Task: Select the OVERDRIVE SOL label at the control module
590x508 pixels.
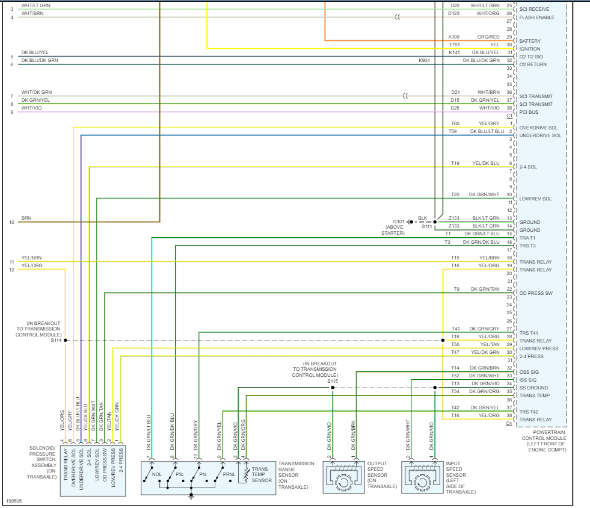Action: click(539, 128)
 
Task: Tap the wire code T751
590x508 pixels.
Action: click(454, 45)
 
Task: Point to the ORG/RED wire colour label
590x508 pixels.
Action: click(488, 37)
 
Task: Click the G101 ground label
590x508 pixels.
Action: click(399, 221)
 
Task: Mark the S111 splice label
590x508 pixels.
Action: click(426, 227)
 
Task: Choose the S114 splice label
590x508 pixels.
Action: click(56, 340)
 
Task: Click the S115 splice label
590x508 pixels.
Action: click(333, 381)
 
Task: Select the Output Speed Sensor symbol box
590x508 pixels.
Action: click(344, 478)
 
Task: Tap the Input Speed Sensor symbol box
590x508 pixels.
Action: click(422, 478)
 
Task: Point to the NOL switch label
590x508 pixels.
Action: click(157, 474)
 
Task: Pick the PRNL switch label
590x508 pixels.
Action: click(229, 474)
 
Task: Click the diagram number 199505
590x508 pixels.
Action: click(14, 500)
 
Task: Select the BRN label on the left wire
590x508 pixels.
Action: click(26, 218)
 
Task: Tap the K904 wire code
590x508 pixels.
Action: click(425, 60)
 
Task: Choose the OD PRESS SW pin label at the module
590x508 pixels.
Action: click(536, 293)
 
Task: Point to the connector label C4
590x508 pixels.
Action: click(509, 424)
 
